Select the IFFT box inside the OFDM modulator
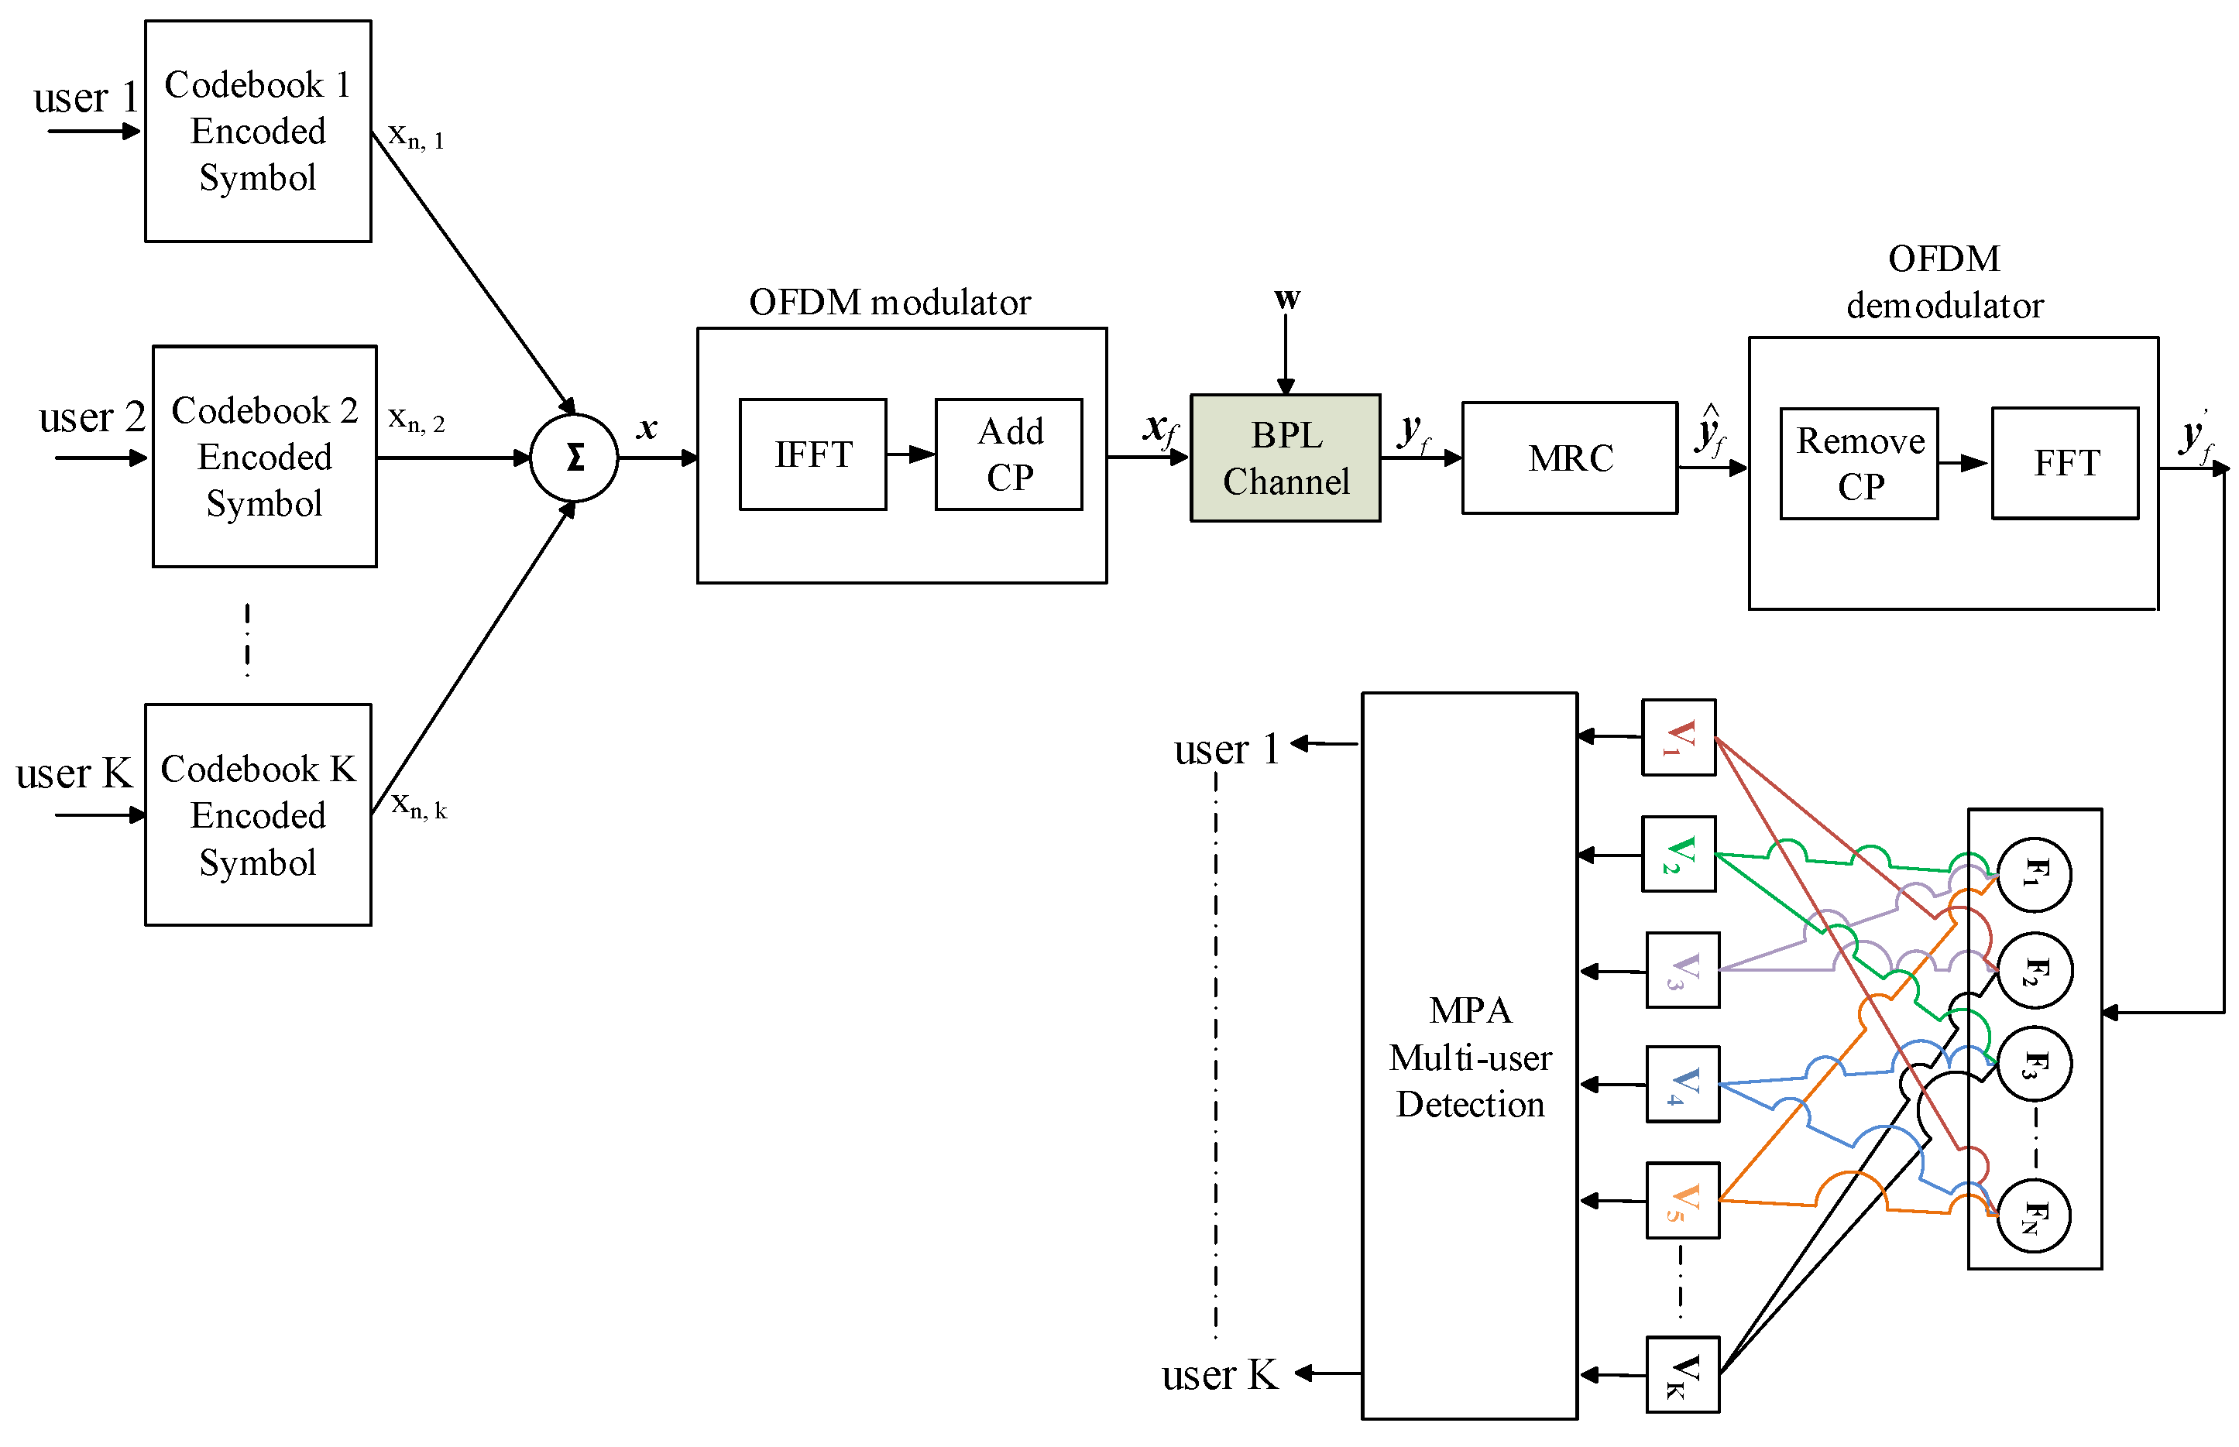click(x=812, y=454)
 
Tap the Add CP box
click(x=1008, y=454)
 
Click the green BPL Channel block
click(x=1284, y=458)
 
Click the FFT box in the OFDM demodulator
click(x=2064, y=463)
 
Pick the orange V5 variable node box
click(x=1681, y=1201)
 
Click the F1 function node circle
click(x=2032, y=875)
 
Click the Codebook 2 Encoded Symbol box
click(x=264, y=457)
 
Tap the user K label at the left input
click(x=74, y=774)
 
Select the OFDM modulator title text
click(x=888, y=303)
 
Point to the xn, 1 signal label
click(x=415, y=136)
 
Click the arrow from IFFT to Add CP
click(x=909, y=454)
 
